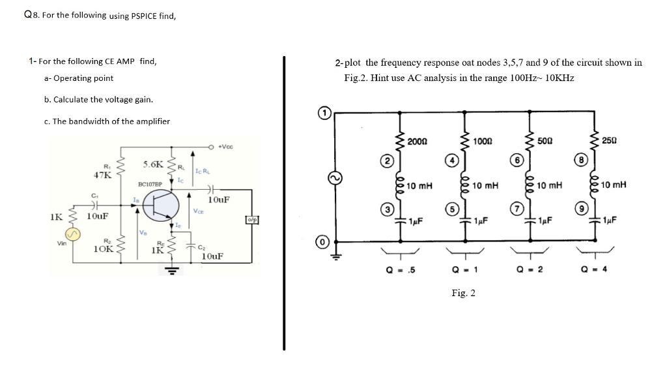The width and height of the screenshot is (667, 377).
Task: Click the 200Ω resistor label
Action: (418, 142)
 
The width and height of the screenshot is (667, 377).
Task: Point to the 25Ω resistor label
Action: (610, 142)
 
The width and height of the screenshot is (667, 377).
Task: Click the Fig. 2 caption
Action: (463, 294)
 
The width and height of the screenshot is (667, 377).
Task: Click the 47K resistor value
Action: (102, 175)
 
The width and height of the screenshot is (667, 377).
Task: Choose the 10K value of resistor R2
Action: (104, 249)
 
